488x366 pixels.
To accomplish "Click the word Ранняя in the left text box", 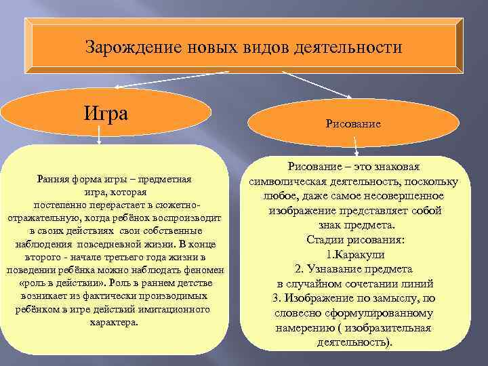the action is [x=52, y=180].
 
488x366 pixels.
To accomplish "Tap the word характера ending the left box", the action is [x=113, y=322].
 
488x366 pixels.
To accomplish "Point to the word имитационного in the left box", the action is [x=178, y=309].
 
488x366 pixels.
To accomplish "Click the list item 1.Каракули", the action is [x=355, y=254].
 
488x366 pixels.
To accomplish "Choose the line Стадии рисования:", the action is [x=355, y=239].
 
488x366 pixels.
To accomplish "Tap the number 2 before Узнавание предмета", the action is [x=298, y=269].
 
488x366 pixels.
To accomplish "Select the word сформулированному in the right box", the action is [x=387, y=313].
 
